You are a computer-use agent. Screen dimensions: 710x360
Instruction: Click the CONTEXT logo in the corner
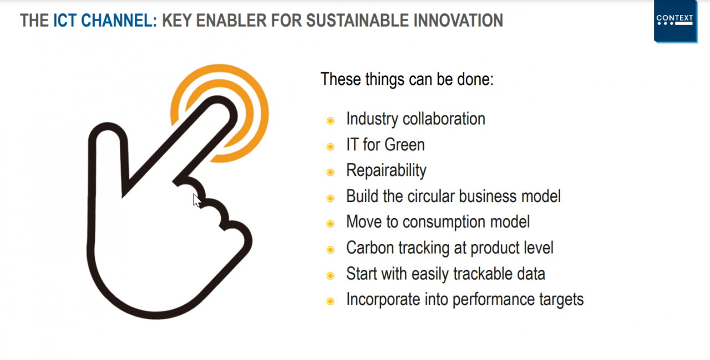(676, 21)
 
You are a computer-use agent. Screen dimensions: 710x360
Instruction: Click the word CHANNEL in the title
(117, 21)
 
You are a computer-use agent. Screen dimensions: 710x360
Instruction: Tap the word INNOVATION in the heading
(458, 21)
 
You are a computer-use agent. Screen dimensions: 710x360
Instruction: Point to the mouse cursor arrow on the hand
(197, 201)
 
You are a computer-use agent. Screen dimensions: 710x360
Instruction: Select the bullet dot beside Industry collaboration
(330, 121)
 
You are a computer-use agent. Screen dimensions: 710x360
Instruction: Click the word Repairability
(386, 170)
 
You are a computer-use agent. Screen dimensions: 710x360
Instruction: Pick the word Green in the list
(404, 145)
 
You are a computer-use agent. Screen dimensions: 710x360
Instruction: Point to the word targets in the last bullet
(561, 300)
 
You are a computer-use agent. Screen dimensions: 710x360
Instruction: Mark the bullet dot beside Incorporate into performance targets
(330, 301)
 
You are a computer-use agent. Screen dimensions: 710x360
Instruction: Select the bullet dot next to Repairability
(330, 172)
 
